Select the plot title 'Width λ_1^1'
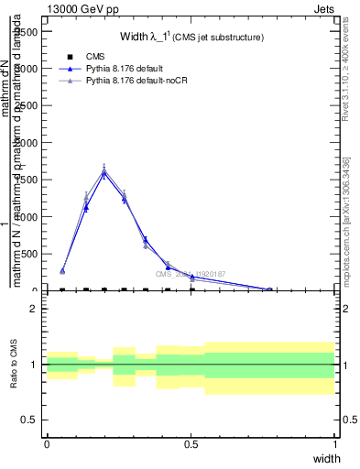[x=192, y=37]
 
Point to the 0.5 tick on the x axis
[x=191, y=443]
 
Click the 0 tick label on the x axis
[x=47, y=443]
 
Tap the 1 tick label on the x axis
[x=335, y=443]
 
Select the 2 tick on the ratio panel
[x=34, y=309]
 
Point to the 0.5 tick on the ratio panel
[x=30, y=420]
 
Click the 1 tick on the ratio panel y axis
[x=34, y=365]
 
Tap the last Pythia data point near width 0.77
[x=269, y=289]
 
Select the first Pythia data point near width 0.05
[x=62, y=271]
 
